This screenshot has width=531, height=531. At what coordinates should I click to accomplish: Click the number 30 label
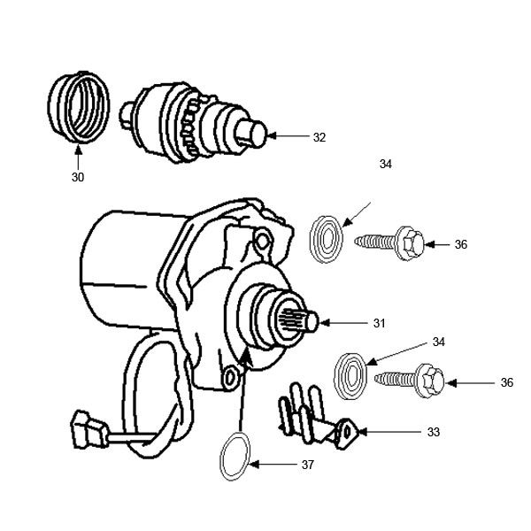point(78,177)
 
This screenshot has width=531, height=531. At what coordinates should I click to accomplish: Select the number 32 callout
point(319,137)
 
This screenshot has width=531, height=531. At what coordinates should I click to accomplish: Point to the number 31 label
point(379,324)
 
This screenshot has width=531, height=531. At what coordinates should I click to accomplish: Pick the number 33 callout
point(433,433)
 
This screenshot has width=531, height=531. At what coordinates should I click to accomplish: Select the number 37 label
point(306,464)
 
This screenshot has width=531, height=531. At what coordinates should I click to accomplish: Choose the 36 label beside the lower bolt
point(506,382)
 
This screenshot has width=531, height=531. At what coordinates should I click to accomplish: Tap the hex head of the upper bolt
point(410,240)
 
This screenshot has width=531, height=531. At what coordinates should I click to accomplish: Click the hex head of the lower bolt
point(431,380)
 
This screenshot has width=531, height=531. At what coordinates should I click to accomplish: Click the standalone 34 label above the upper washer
point(385,165)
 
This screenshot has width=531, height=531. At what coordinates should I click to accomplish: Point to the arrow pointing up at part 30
point(78,158)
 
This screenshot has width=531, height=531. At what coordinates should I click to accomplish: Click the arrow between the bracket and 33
point(389,433)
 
